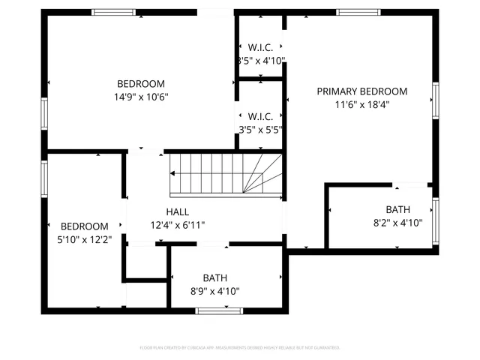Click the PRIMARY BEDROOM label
[361, 91]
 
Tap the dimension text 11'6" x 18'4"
[361, 105]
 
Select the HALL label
[178, 212]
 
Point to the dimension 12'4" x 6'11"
[178, 225]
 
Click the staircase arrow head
[173, 173]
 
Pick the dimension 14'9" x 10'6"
[140, 97]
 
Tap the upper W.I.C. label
[260, 47]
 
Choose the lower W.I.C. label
[260, 116]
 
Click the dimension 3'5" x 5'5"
[260, 129]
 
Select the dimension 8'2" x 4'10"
[397, 223]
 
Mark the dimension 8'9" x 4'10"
[216, 291]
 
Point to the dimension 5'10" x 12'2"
[84, 239]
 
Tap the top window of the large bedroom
[114, 12]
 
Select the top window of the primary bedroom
[357, 12]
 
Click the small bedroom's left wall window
[44, 178]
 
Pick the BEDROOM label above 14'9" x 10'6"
[140, 84]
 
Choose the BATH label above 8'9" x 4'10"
[215, 278]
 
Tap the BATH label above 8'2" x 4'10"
[397, 210]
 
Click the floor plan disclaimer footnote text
[240, 348]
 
